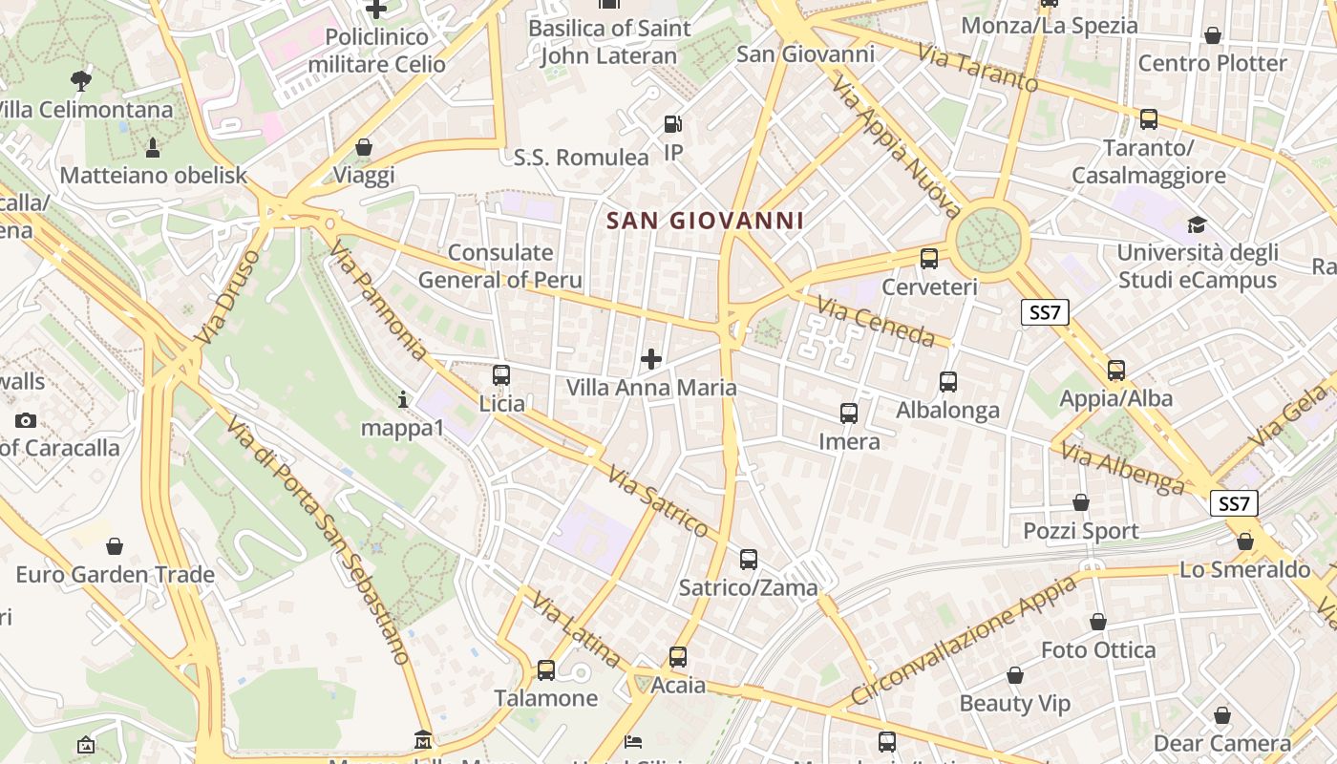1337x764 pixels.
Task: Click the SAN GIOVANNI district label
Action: point(705,221)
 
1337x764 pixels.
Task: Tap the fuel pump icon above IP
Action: point(673,124)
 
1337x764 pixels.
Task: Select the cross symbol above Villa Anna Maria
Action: point(651,359)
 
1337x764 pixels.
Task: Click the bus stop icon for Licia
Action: point(501,375)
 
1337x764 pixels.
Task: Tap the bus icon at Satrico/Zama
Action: point(749,560)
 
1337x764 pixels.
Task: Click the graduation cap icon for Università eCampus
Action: point(1197,225)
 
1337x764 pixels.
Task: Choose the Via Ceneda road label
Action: point(876,321)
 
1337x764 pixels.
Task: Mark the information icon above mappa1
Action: point(403,399)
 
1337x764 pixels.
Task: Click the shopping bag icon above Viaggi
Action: point(364,148)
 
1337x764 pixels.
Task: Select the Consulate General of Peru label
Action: point(500,266)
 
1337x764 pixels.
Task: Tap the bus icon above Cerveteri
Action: point(929,259)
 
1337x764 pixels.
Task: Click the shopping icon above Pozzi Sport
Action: point(1081,502)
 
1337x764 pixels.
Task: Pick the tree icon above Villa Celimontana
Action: point(81,81)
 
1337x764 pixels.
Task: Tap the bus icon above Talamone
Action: point(546,670)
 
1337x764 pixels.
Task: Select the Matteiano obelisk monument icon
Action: point(153,148)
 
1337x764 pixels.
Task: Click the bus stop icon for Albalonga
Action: point(948,382)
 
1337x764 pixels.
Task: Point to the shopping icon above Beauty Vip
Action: point(1015,676)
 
